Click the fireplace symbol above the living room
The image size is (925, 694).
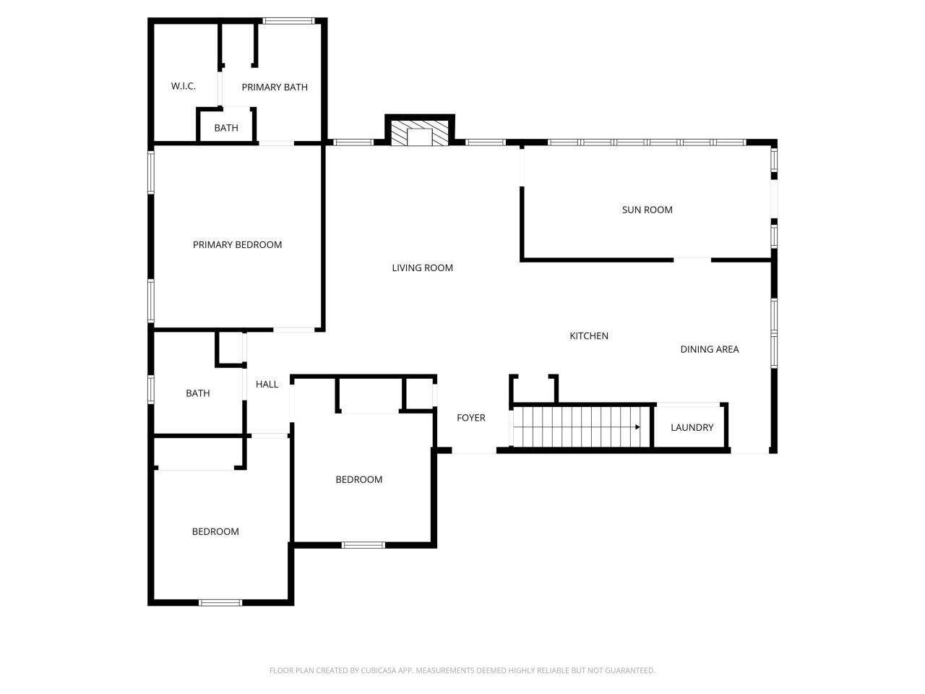(x=419, y=133)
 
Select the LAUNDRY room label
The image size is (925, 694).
(x=692, y=427)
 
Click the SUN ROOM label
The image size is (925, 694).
(x=647, y=210)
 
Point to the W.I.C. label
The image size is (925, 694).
(x=184, y=86)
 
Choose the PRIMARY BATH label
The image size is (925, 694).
(x=275, y=87)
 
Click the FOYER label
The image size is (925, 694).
(x=470, y=418)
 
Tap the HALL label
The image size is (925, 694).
(x=267, y=384)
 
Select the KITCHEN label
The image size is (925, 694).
(x=589, y=336)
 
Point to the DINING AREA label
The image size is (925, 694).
(x=709, y=349)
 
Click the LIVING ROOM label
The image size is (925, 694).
(x=422, y=267)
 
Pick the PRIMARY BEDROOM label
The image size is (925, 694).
(x=237, y=244)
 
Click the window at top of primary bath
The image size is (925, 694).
(x=288, y=21)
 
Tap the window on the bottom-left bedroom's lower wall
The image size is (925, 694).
(x=220, y=603)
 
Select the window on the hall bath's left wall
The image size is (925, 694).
(x=151, y=389)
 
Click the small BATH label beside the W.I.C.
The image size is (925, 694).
(x=226, y=128)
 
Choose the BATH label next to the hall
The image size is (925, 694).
(x=197, y=393)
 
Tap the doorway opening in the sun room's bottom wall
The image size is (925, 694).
(x=692, y=260)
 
